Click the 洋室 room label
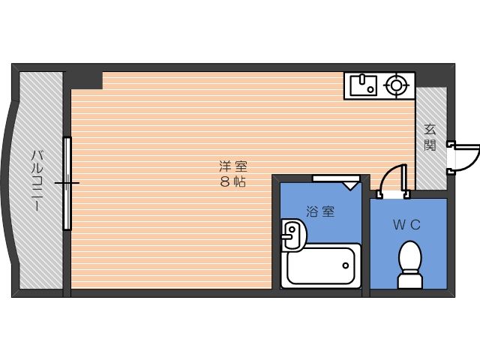[x=233, y=166]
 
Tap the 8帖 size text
[x=233, y=182]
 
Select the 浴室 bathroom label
[x=320, y=211]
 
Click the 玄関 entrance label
[x=430, y=138]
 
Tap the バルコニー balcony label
[x=35, y=181]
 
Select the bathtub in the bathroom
[x=320, y=265]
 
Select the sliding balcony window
[x=67, y=182]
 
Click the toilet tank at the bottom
[x=409, y=281]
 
